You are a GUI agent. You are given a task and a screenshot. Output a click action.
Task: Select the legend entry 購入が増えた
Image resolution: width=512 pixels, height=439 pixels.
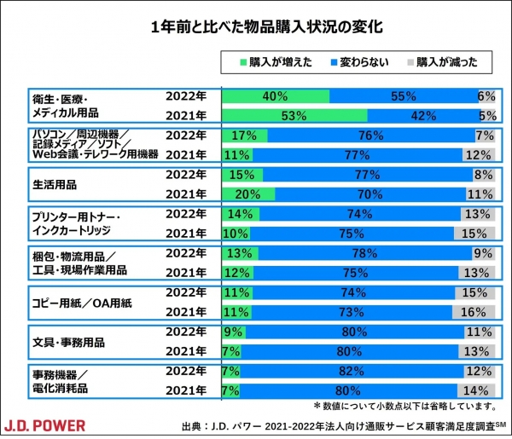[274, 61]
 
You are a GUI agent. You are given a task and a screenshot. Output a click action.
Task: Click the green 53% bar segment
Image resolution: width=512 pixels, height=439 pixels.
[294, 115]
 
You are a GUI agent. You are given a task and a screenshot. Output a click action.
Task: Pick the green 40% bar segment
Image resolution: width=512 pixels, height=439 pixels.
[276, 96]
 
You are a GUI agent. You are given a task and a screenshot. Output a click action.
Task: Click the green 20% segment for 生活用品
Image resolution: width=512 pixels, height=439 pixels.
[248, 193]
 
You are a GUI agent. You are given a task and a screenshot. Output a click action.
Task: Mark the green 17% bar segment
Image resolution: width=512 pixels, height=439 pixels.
[244, 135]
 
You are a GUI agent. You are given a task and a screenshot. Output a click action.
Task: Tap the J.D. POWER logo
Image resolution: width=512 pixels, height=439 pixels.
[47, 424]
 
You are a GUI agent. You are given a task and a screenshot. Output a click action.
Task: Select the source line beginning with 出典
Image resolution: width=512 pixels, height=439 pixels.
[338, 425]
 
